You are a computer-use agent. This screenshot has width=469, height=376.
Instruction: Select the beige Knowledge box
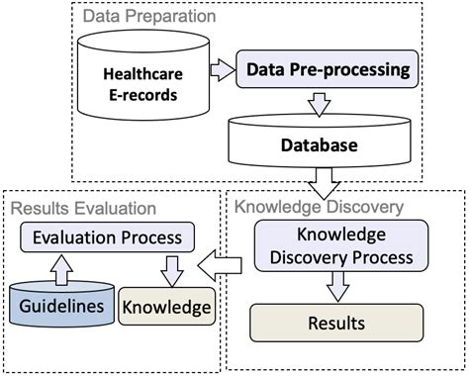point(165,306)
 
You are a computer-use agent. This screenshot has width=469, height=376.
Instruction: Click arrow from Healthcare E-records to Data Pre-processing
point(220,70)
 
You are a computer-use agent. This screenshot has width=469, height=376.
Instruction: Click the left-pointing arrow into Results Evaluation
point(223,264)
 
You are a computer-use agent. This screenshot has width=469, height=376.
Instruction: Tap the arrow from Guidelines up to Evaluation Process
point(57,267)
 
